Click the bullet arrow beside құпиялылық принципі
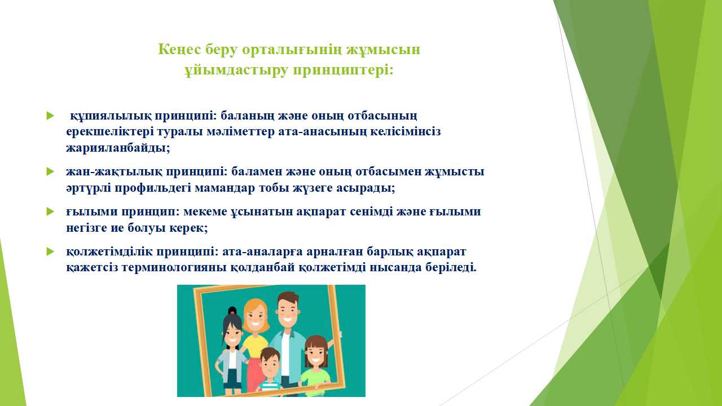(50, 116)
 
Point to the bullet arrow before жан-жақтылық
(50, 171)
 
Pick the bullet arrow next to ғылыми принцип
(50, 211)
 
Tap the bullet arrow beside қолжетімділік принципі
(50, 251)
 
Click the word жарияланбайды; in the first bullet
(118, 148)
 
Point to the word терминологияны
(174, 268)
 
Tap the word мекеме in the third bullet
(205, 211)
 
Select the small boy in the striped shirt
(270, 370)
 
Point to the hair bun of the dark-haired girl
(232, 311)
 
